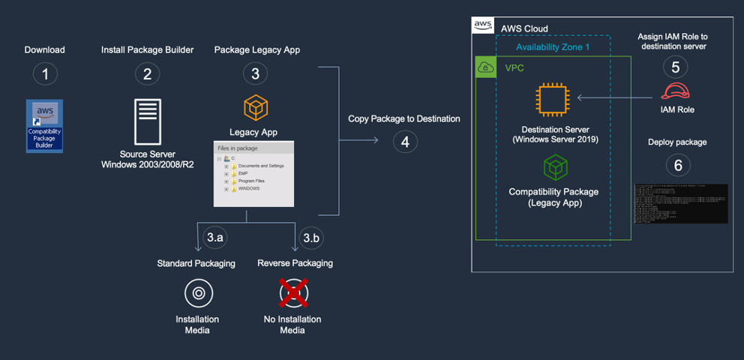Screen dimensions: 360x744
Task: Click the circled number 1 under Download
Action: coord(45,73)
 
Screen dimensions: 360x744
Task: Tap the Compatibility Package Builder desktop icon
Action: coord(45,125)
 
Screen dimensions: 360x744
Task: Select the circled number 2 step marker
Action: coord(147,73)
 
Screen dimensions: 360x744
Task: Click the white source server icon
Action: coord(147,121)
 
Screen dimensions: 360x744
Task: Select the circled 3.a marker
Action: coord(215,238)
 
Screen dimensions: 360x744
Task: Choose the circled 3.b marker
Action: coord(310,238)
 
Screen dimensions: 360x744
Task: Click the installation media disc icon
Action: coord(199,293)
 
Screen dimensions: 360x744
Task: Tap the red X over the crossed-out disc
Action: coord(293,293)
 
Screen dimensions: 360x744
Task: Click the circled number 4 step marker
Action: coord(405,141)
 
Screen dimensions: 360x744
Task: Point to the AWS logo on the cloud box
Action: coord(483,26)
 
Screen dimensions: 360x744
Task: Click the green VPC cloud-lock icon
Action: coord(486,67)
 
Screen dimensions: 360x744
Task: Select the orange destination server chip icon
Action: coord(553,100)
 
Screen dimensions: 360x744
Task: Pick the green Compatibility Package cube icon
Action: coord(555,167)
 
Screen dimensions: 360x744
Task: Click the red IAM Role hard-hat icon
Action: coord(675,91)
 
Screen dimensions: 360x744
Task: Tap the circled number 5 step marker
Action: coord(675,67)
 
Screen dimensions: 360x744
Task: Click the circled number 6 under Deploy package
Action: coord(677,164)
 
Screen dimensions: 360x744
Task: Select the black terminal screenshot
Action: coord(680,203)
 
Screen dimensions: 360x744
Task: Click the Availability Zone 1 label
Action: coord(553,47)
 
